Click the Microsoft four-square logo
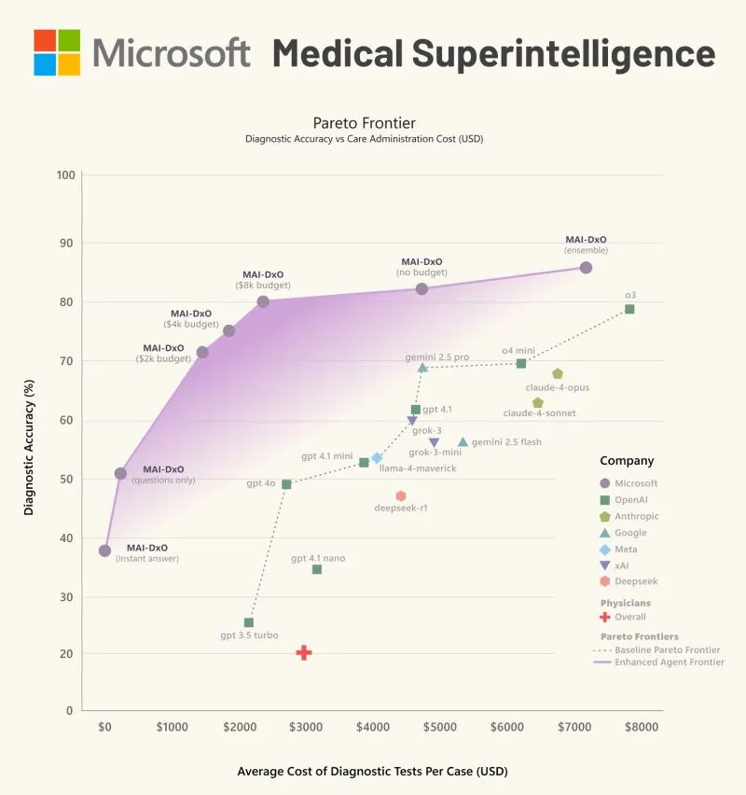[57, 52]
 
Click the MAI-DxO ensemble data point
[586, 268]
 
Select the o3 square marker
[629, 309]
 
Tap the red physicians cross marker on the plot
[304, 653]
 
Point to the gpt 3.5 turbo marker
[249, 622]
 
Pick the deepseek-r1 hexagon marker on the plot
[401, 496]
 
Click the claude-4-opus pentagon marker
[558, 374]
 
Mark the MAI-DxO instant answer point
[104, 551]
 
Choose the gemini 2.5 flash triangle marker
[463, 442]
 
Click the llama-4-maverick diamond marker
[377, 458]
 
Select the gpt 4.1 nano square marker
[317, 569]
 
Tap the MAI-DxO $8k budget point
[263, 301]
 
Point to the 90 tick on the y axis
[65, 244]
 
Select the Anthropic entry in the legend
[636, 516]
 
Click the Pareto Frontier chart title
[364, 122]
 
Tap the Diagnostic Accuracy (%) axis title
[29, 439]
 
